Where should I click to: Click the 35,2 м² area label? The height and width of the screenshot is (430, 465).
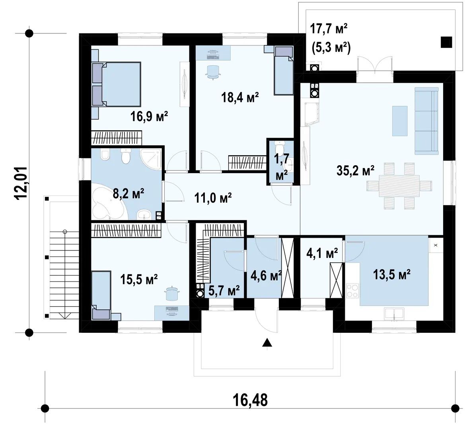point(355,170)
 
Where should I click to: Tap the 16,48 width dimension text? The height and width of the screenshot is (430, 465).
point(250,400)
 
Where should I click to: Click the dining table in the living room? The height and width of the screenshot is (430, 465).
point(399,186)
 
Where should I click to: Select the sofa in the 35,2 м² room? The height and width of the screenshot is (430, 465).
point(426,121)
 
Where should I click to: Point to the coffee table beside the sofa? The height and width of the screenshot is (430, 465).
point(400,121)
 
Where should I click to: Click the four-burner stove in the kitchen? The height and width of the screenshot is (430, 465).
point(352,291)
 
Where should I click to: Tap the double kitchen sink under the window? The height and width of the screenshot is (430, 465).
point(394,314)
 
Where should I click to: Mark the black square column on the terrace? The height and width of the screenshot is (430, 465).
point(446,42)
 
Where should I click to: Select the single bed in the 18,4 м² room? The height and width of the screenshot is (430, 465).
point(283,70)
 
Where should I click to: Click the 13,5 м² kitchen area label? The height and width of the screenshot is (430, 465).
point(391,274)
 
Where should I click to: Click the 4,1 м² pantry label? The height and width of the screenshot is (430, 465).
point(322,254)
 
